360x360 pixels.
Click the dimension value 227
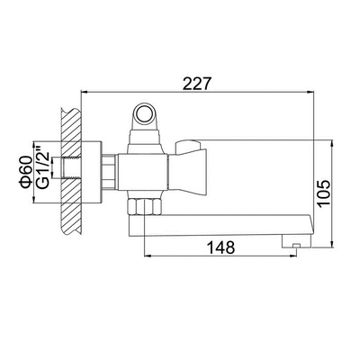click(x=197, y=84)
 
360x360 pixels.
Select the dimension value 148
click(x=221, y=247)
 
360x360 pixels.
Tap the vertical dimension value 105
click(x=324, y=193)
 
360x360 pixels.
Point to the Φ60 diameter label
click(x=25, y=172)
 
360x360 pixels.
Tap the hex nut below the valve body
click(x=144, y=206)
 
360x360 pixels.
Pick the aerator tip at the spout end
click(x=296, y=242)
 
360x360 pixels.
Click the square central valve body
click(x=143, y=173)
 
